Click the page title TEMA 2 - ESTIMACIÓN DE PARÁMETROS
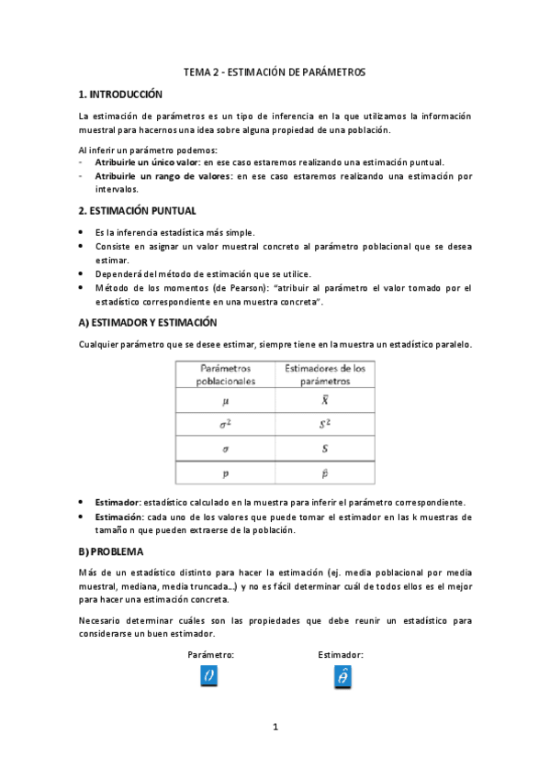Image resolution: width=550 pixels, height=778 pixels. [x=275, y=71]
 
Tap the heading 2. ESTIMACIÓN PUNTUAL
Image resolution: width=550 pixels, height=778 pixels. [x=137, y=210]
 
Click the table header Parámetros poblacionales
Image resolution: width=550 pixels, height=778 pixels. [x=226, y=373]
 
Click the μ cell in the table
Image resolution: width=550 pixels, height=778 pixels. [x=226, y=401]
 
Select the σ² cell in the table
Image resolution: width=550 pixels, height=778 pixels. [x=226, y=426]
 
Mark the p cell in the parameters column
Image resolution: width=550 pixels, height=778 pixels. [x=226, y=473]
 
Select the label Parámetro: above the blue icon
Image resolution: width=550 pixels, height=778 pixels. [x=210, y=655]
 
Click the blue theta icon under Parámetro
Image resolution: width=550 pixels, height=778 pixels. [x=209, y=677]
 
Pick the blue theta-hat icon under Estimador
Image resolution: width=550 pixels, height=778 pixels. [x=342, y=677]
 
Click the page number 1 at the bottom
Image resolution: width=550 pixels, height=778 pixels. [x=275, y=728]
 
